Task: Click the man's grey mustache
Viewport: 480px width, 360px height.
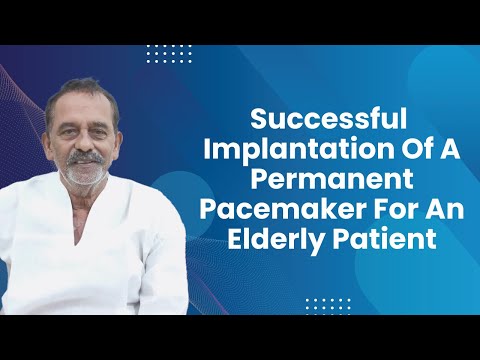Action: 87,158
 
